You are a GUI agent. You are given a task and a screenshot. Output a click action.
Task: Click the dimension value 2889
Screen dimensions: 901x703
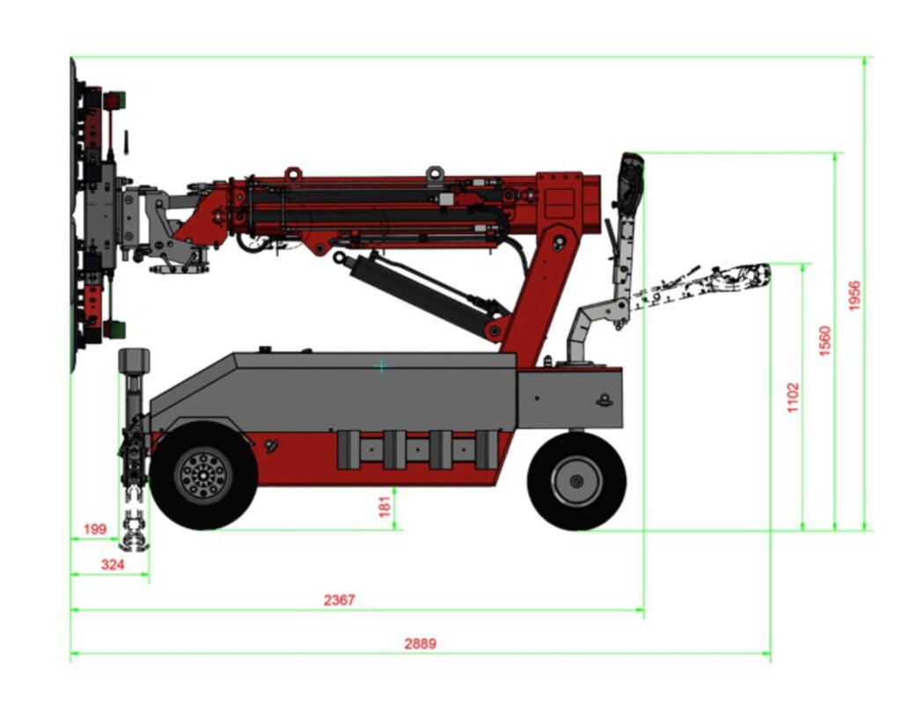(x=420, y=643)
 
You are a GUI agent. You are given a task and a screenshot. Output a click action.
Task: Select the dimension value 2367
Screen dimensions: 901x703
(x=339, y=600)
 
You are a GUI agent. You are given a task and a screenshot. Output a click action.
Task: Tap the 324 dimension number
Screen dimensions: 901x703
(x=113, y=565)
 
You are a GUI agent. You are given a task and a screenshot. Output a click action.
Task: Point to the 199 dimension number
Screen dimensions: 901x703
(x=95, y=529)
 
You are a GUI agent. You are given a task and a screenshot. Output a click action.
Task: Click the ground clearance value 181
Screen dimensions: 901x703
(x=385, y=507)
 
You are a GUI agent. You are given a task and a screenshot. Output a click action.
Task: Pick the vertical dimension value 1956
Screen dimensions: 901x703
(x=854, y=296)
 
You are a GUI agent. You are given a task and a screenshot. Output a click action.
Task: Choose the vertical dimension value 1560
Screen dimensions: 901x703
(x=824, y=341)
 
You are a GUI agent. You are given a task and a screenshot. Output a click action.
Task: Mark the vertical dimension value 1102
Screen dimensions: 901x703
(x=793, y=397)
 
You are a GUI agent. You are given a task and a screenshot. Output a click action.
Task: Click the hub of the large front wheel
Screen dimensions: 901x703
(x=203, y=476)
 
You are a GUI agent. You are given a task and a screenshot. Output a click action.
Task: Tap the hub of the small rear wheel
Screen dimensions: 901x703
(x=577, y=481)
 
